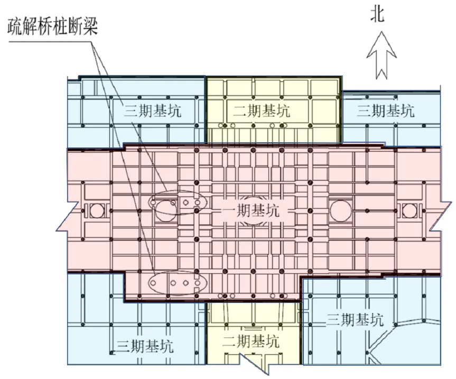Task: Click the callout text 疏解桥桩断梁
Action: point(52,26)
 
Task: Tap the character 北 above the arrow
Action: point(377,15)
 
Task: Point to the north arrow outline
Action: point(381,56)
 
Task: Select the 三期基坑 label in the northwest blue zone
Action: point(153,111)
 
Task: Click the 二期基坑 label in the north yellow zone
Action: point(262,111)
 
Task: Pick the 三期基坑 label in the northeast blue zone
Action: point(386,111)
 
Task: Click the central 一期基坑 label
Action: point(250,210)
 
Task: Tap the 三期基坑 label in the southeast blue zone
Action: point(355,320)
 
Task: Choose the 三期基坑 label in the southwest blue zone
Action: point(145,346)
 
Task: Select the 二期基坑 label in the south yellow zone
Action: point(250,341)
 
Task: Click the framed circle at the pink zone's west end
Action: point(97,210)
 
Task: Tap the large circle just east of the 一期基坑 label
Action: point(341,210)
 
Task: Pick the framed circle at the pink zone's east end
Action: point(410,210)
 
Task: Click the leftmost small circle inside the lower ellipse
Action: point(153,283)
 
